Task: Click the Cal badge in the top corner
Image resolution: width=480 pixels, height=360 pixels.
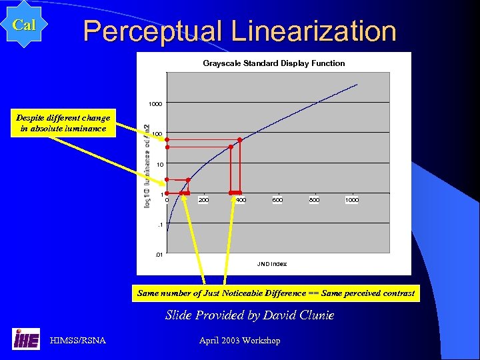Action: pos(24,25)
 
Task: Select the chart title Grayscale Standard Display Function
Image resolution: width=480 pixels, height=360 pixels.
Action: pos(273,63)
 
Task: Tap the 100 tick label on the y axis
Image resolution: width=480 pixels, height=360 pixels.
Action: pos(157,134)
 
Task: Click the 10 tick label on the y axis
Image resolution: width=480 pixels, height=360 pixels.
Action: pos(159,164)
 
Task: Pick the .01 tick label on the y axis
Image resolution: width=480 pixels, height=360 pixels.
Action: pos(158,254)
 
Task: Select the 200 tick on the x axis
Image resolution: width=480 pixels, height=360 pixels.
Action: pos(203,200)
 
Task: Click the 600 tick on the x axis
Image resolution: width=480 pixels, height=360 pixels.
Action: pos(277,200)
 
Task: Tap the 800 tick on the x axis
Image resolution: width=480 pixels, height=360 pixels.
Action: pos(314,200)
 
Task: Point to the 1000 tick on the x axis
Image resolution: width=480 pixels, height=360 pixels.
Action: pos(351,200)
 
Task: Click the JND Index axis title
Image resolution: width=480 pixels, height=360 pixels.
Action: pos(272,264)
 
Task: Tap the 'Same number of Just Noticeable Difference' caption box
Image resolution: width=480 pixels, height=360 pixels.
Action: pos(275,293)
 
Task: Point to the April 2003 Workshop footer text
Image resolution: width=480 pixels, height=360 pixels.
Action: pos(239,341)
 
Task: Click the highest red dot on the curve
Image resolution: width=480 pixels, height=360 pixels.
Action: pos(239,140)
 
